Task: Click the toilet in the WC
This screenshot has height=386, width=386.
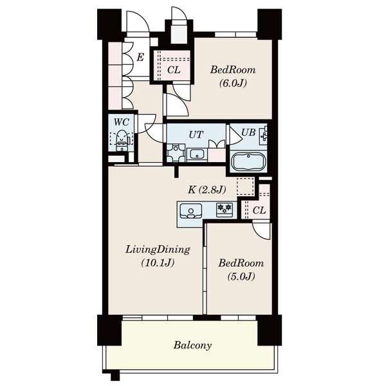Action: [x=122, y=140]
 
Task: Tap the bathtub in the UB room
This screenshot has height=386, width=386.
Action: [x=248, y=161]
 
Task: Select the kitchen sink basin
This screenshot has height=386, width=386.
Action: [x=191, y=211]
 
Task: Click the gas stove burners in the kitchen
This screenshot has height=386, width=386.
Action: [x=225, y=210]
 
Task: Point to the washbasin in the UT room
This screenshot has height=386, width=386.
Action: [x=197, y=155]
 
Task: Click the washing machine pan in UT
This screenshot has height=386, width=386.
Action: [x=176, y=153]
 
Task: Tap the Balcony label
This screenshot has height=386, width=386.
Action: [x=192, y=345]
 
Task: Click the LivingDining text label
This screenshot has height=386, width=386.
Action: [x=158, y=250]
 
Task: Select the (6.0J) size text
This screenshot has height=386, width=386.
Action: [x=233, y=83]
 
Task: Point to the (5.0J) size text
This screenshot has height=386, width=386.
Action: [x=241, y=277]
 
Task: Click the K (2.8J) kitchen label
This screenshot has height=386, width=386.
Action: [x=207, y=190]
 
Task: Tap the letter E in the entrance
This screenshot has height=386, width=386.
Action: [x=140, y=57]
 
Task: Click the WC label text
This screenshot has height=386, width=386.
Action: [x=122, y=122]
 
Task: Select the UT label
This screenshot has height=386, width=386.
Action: [x=196, y=134]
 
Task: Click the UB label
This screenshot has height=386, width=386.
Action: [x=248, y=133]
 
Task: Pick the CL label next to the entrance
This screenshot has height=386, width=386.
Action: [x=174, y=70]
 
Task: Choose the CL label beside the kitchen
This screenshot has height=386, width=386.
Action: [x=259, y=210]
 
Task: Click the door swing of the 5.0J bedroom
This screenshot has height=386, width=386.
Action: [x=261, y=231]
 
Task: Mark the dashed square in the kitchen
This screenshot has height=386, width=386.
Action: [x=245, y=187]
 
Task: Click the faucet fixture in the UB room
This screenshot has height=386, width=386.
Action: [x=263, y=135]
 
